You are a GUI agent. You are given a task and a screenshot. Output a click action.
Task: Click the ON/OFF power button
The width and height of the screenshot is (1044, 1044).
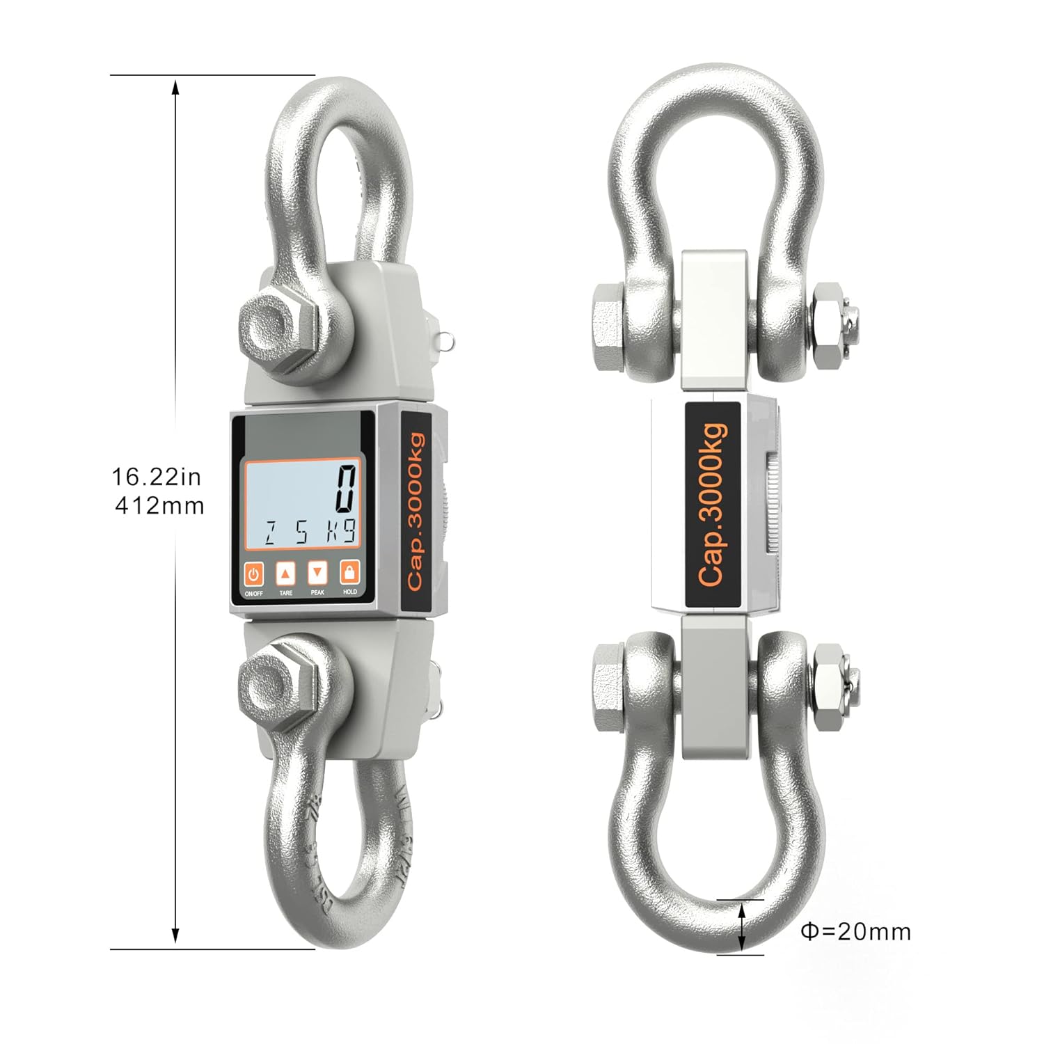(253, 574)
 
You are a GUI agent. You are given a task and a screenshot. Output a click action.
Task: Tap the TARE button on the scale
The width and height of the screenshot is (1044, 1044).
(286, 574)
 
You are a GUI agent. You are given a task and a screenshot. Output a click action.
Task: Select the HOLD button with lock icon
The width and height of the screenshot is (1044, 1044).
(349, 573)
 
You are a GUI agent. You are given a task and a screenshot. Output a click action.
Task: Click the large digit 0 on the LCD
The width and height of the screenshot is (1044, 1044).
(347, 489)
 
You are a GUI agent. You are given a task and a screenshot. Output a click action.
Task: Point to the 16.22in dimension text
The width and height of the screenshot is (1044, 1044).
(157, 477)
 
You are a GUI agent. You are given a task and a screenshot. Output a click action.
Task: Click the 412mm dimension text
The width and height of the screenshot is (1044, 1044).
(159, 505)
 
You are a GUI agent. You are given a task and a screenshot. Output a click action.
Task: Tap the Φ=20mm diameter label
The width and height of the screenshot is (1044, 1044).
(855, 931)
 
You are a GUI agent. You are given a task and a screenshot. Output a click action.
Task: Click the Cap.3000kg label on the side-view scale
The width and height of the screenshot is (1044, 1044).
(713, 504)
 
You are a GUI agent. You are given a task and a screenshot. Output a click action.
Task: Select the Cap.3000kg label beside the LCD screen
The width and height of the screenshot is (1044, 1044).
(416, 512)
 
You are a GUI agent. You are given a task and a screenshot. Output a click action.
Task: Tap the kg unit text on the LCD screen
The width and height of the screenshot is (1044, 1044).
(342, 532)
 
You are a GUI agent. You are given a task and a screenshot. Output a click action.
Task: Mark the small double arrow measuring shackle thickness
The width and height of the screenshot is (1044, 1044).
(743, 926)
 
